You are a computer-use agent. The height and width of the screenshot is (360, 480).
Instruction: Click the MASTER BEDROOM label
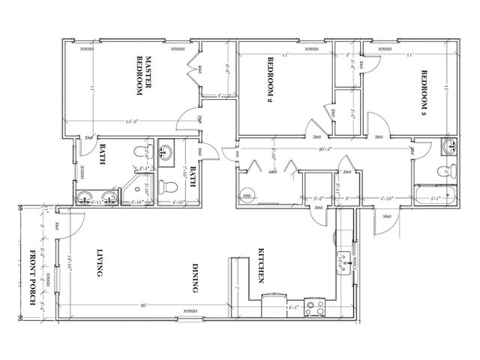pyautogui.click(x=143, y=76)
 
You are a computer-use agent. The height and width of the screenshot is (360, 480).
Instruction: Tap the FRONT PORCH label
pyautogui.click(x=32, y=273)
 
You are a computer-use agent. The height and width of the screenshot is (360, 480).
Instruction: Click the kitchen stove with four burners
pyautogui.click(x=318, y=307)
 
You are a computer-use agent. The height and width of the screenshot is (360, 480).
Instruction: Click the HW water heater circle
pyautogui.click(x=247, y=196)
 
